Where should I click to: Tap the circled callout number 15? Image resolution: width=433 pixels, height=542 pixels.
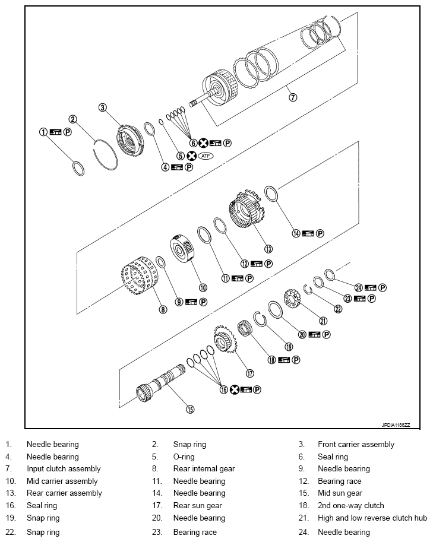(x=191, y=408)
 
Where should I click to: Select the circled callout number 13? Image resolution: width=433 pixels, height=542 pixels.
(x=268, y=249)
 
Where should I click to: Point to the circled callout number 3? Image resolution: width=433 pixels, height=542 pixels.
(x=103, y=107)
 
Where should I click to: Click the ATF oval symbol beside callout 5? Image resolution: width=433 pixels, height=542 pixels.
(x=206, y=156)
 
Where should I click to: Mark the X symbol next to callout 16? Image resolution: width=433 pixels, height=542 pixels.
(x=233, y=390)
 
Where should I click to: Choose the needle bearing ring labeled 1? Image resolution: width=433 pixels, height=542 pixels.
(x=78, y=167)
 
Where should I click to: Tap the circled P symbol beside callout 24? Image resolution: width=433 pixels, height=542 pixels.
(x=383, y=288)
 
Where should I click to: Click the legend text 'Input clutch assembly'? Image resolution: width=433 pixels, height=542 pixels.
(x=64, y=469)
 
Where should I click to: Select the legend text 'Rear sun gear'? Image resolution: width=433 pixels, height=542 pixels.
(x=198, y=506)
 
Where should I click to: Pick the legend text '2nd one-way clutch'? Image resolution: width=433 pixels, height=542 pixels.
(x=351, y=506)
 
